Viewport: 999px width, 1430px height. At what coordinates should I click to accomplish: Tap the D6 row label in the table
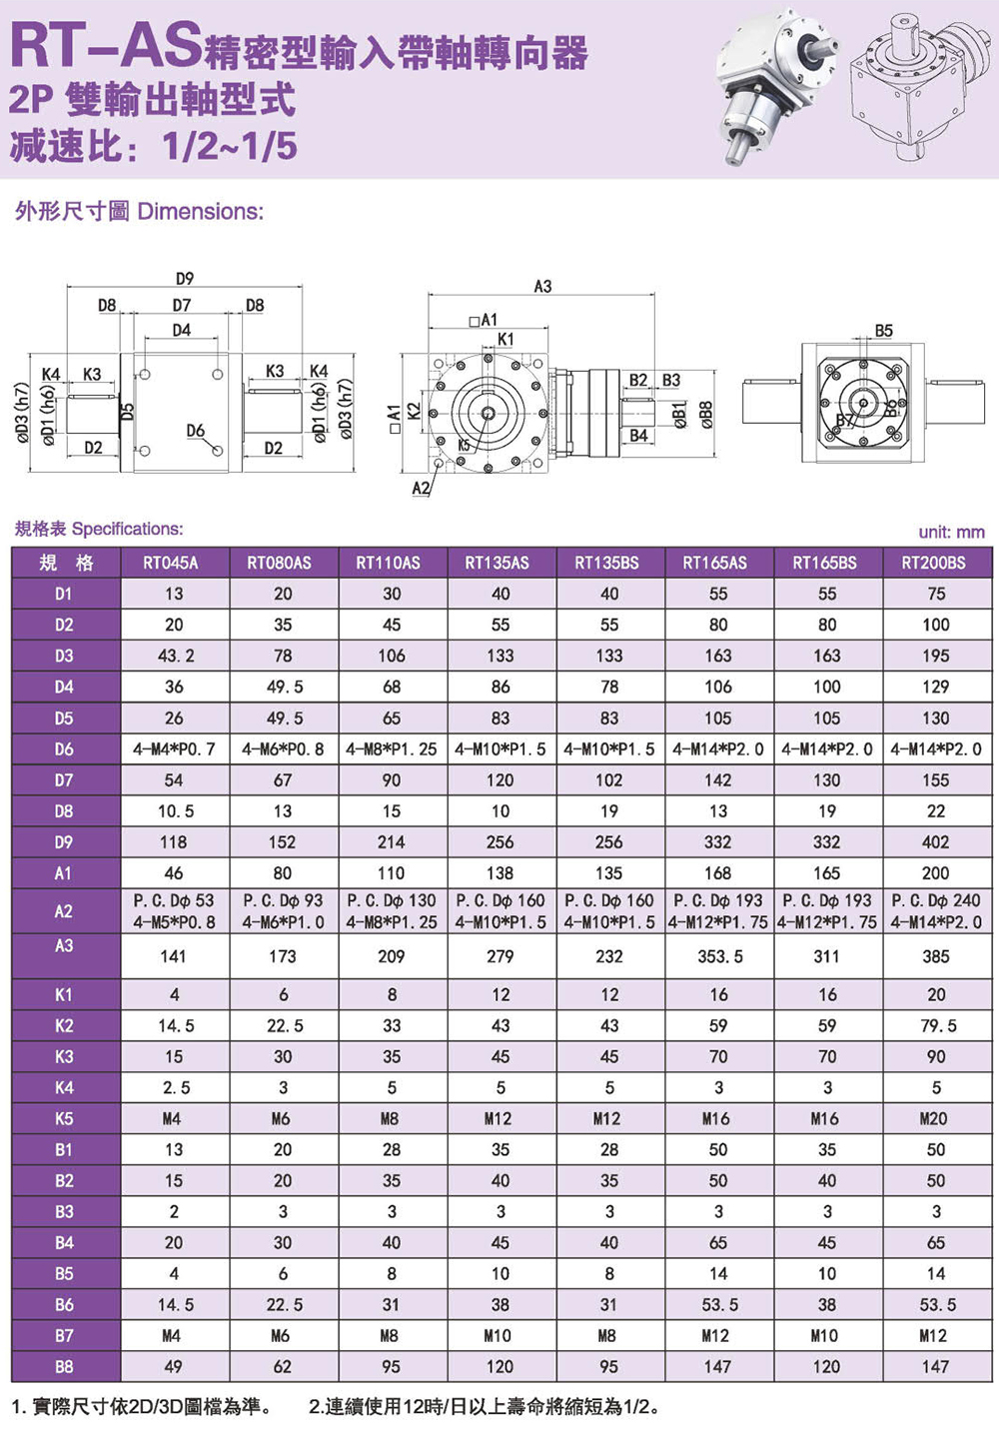tap(64, 748)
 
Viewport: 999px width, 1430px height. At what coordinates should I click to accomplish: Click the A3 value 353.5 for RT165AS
tap(719, 956)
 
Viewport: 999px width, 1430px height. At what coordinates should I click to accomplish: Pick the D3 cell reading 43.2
tap(174, 656)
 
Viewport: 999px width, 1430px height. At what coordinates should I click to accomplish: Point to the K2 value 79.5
tap(935, 1025)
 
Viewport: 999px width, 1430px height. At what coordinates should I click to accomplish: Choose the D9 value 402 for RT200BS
tap(935, 842)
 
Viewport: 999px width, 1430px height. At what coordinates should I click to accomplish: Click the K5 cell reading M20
tap(935, 1118)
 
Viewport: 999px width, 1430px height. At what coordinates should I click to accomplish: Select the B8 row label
tap(64, 1366)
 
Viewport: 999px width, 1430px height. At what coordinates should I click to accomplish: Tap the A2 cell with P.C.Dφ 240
tap(936, 900)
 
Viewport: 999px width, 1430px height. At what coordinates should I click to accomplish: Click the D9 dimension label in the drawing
tap(185, 279)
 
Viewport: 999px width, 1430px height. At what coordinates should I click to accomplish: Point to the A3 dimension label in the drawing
tap(542, 287)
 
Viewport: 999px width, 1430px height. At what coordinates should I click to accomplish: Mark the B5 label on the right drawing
tap(883, 331)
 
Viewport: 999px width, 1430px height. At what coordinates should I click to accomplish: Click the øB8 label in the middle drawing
tap(706, 413)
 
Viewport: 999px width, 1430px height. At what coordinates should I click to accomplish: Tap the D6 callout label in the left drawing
tap(195, 431)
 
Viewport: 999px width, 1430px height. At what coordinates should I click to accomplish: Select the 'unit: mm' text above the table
tap(951, 533)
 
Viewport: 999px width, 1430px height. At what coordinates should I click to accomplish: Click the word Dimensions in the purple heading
tap(200, 212)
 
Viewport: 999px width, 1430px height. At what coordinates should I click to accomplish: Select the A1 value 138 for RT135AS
tap(499, 873)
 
